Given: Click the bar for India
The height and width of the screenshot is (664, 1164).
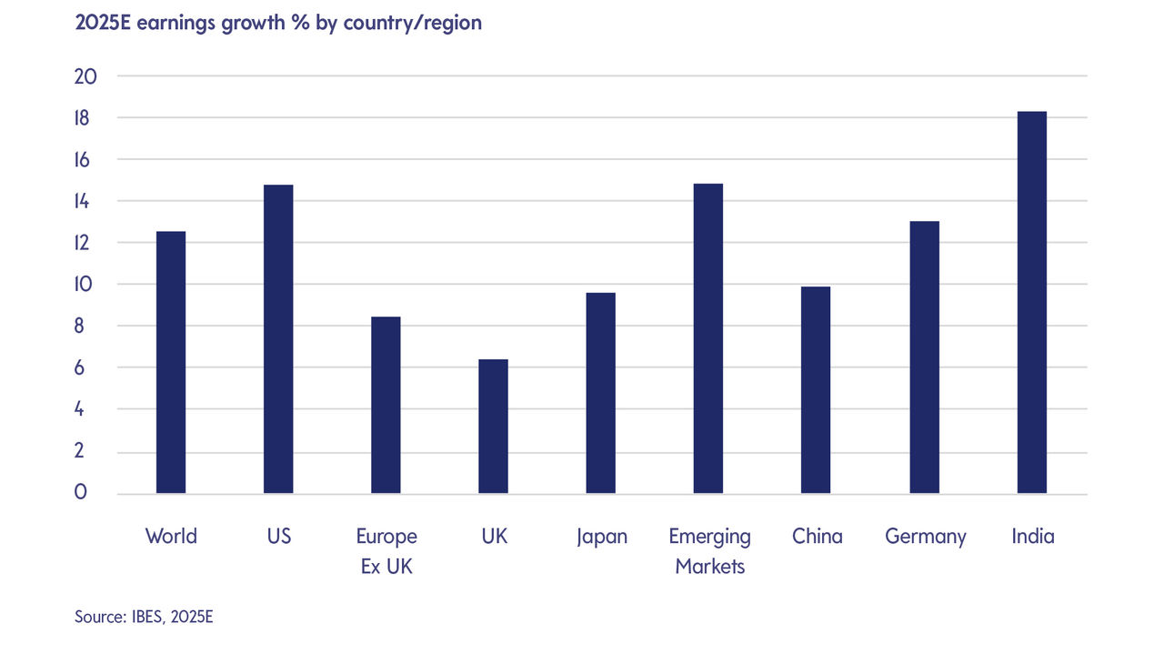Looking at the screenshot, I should pyautogui.click(x=1032, y=303).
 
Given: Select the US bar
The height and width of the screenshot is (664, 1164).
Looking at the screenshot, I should pyautogui.click(x=278, y=339).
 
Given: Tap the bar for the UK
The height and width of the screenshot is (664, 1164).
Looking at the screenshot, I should pyautogui.click(x=494, y=427).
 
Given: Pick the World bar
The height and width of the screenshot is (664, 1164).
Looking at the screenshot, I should pyautogui.click(x=171, y=363).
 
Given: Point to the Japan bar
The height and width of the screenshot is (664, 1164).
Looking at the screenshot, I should pyautogui.click(x=601, y=393).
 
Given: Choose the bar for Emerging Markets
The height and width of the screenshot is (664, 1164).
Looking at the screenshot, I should pyautogui.click(x=708, y=338).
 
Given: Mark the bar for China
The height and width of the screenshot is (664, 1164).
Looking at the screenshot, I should pyautogui.click(x=816, y=390).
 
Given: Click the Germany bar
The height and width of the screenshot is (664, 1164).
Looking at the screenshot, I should pyautogui.click(x=924, y=357).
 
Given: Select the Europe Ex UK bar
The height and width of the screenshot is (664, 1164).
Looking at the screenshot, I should pyautogui.click(x=386, y=406).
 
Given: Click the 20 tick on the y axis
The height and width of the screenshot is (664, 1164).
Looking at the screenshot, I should pyautogui.click(x=85, y=76).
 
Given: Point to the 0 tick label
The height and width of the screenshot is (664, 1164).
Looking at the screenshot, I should pyautogui.click(x=81, y=493).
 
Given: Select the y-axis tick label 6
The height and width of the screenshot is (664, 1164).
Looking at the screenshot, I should pyautogui.click(x=81, y=368).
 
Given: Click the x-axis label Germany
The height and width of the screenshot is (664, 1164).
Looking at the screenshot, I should pyautogui.click(x=926, y=537).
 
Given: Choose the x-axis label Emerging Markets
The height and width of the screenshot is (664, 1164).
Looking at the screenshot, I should pyautogui.click(x=709, y=551).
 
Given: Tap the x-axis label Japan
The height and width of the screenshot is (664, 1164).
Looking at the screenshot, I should pyautogui.click(x=601, y=537).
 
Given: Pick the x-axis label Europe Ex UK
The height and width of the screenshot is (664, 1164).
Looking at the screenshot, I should pyautogui.click(x=386, y=551).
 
